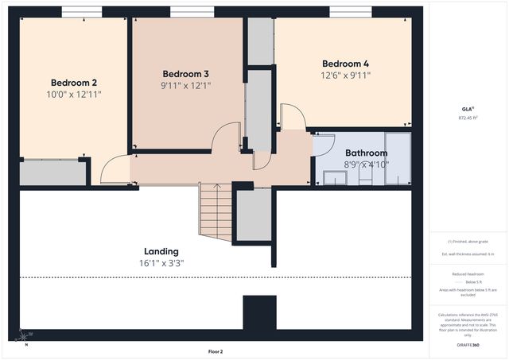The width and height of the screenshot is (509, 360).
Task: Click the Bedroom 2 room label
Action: point(74,83)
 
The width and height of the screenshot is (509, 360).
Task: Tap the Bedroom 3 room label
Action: point(185,74)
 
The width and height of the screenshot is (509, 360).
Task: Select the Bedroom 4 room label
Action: point(345,64)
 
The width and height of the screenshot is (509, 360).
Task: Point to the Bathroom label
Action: point(366,153)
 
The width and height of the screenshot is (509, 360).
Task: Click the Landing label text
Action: point(161,251)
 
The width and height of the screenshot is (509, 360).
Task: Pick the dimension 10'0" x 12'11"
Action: point(74,95)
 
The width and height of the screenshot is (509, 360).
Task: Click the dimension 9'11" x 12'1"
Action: point(185,85)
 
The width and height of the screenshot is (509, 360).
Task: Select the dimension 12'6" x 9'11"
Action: point(345,75)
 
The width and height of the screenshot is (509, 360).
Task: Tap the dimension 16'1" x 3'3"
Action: point(161,263)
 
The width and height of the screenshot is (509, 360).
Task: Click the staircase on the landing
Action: point(216,211)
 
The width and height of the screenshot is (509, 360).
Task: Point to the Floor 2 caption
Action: point(216,350)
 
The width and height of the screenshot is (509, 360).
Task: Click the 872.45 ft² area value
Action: point(468,118)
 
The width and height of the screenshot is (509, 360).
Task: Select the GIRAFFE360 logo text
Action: point(468,345)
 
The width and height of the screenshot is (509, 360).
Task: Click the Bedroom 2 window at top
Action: point(76,12)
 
